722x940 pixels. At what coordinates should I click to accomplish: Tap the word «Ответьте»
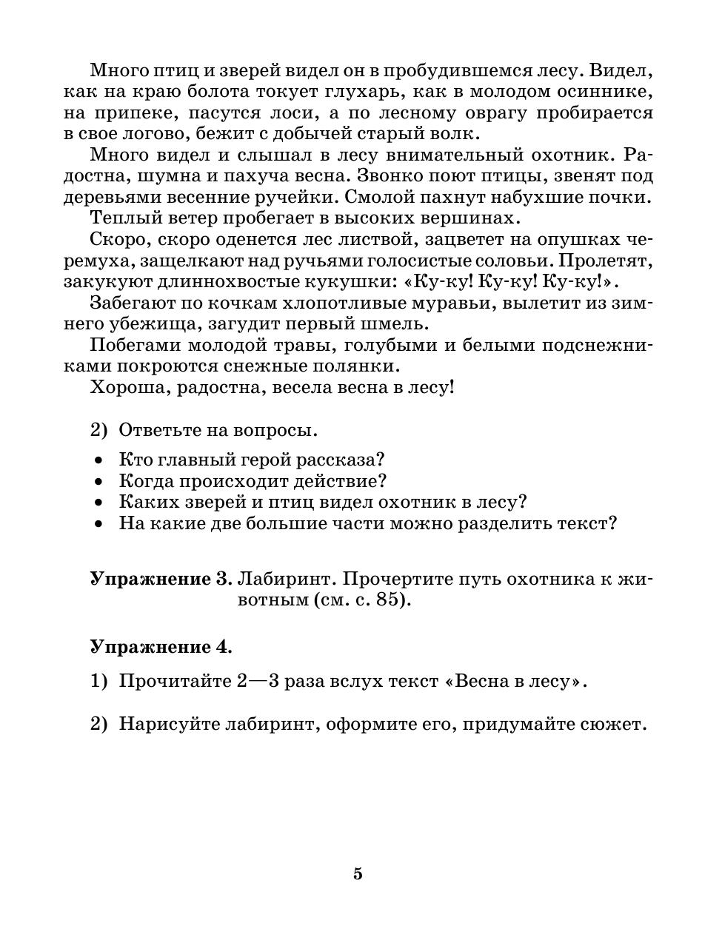[162, 430]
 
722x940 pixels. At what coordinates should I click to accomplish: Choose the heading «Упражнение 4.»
[161, 647]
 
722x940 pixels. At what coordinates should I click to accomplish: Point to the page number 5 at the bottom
[358, 873]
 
